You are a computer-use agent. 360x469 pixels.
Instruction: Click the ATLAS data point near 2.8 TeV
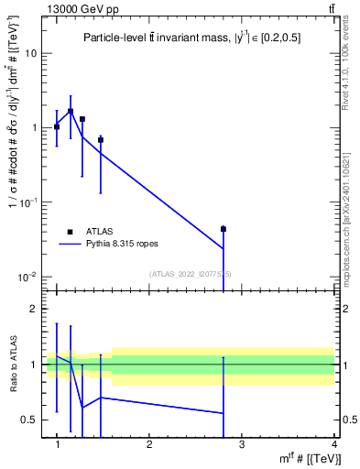(224, 229)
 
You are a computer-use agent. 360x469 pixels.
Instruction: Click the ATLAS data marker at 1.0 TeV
(57, 126)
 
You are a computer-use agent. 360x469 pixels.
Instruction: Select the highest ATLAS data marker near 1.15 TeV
(71, 112)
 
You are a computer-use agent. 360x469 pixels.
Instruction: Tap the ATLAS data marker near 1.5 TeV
(101, 140)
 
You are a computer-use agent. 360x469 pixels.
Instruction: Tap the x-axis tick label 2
(149, 444)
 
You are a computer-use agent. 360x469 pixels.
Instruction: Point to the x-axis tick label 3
(242, 444)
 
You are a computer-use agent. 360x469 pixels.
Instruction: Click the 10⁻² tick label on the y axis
(30, 277)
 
